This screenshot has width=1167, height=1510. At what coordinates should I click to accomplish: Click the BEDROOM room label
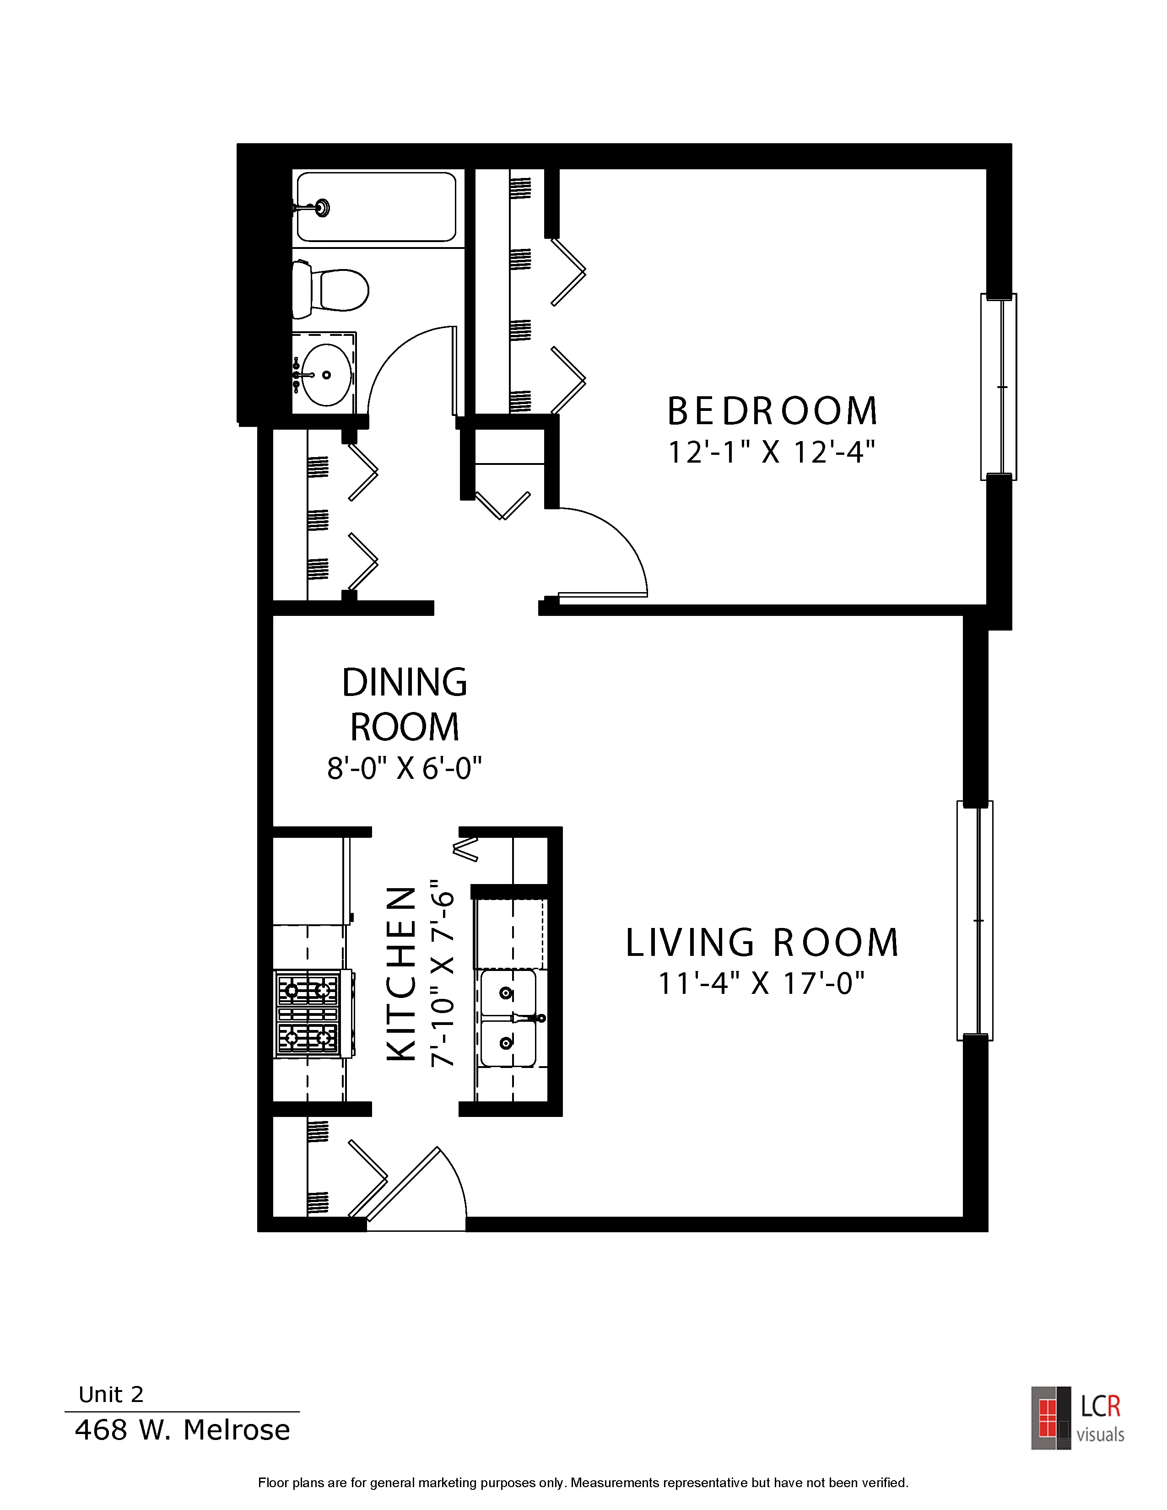772,411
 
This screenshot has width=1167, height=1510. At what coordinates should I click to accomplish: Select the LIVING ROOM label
762,942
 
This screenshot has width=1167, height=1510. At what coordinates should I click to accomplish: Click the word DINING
405,682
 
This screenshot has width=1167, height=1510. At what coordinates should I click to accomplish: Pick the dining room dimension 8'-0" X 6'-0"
405,767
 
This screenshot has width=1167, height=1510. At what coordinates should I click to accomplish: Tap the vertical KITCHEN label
401,974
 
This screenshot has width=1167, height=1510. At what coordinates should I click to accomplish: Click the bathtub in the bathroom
376,207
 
